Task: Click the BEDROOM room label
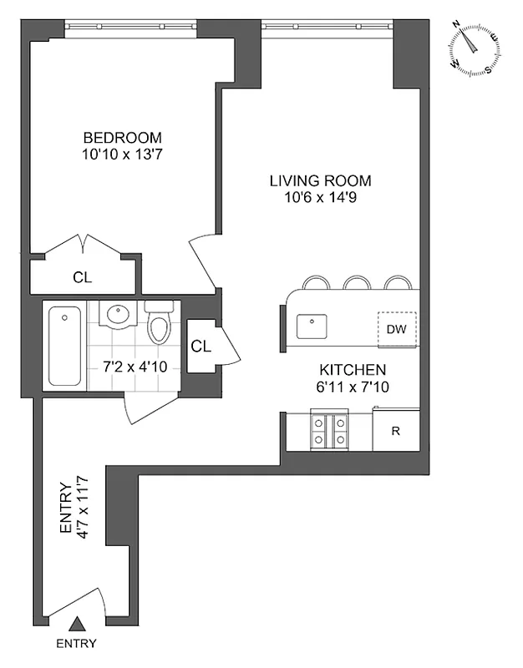pos(122,138)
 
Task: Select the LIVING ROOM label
pos(320,181)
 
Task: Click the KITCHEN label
pos(353,370)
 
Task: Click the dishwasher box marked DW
pos(396,329)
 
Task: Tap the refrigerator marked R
pos(396,431)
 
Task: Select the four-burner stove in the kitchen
pos(329,430)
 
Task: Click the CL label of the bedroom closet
pos(82,276)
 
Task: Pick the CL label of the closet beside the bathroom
pos(201,345)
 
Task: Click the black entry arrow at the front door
pos(76,624)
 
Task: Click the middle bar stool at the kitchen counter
pos(358,283)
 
